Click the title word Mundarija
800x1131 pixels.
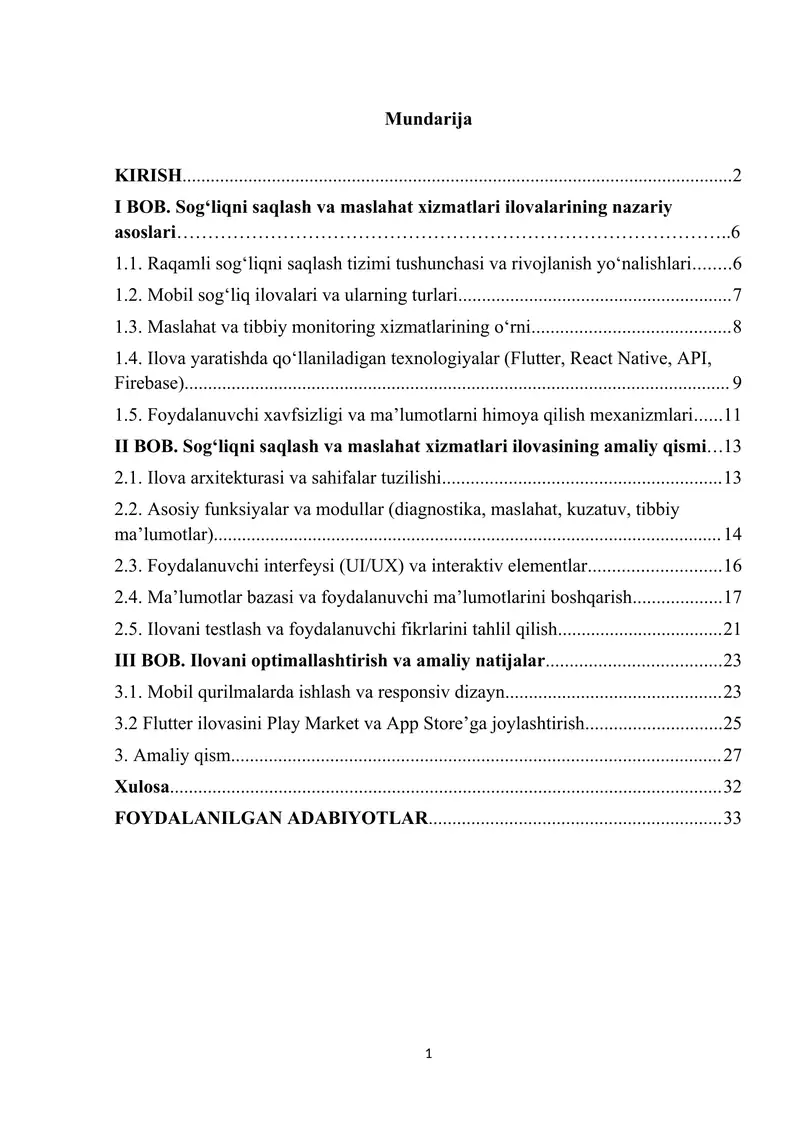(x=428, y=120)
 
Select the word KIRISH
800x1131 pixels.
(x=148, y=177)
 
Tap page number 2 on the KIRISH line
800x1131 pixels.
(x=737, y=177)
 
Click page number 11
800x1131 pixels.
(x=732, y=413)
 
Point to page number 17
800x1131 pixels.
(x=732, y=599)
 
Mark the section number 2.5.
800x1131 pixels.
(x=127, y=629)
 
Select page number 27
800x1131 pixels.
(x=732, y=755)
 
